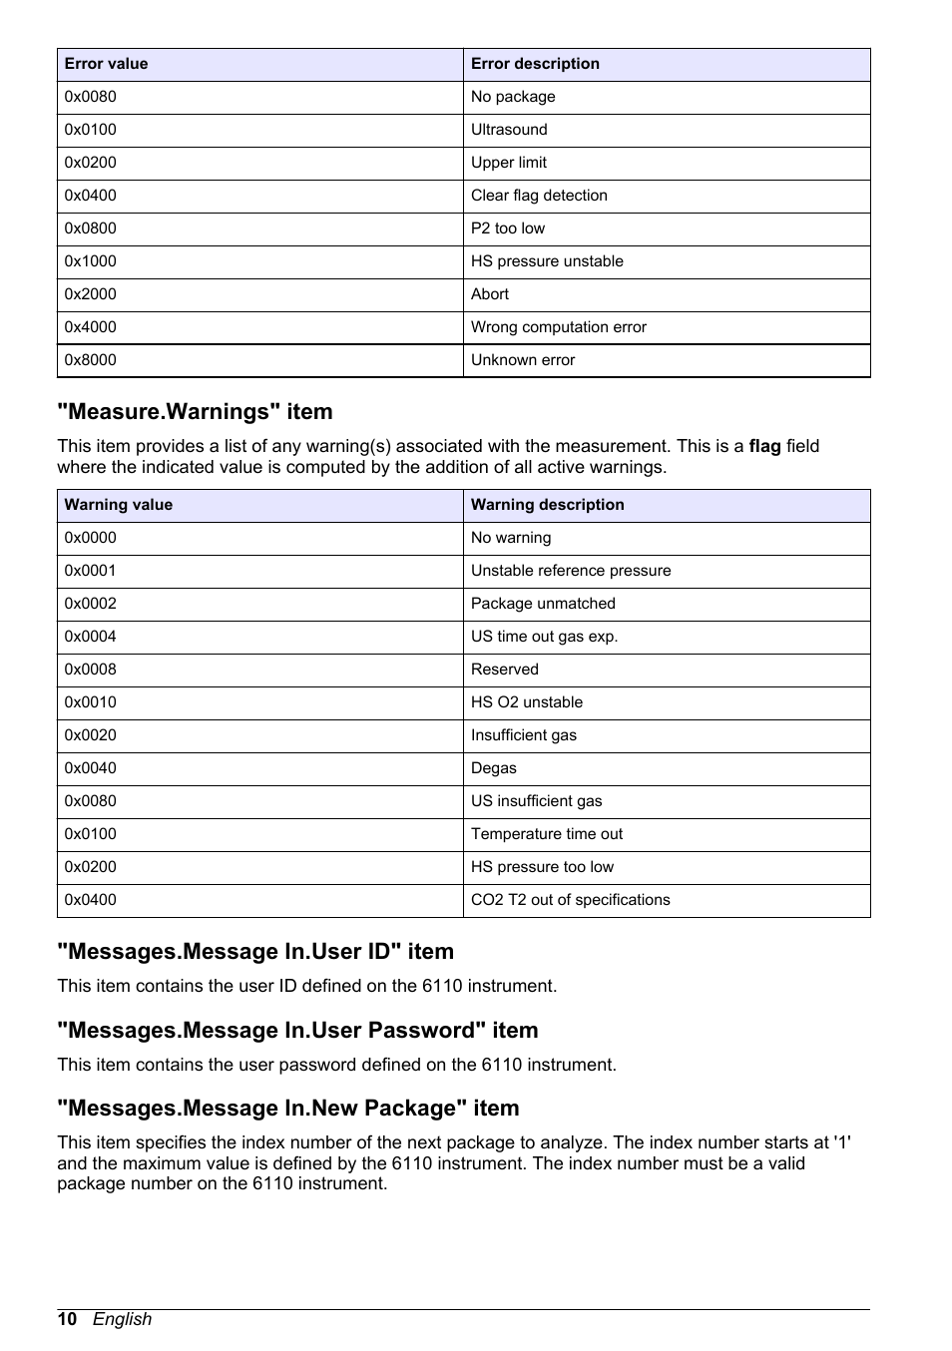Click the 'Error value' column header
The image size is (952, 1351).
coord(106,64)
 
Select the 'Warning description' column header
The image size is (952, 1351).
coord(547,505)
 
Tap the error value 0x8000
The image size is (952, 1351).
coord(91,360)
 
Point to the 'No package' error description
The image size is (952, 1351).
coord(513,97)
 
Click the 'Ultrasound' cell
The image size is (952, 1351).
coord(509,130)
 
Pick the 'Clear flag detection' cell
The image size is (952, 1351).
coord(539,196)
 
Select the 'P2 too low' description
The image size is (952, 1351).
coord(508,228)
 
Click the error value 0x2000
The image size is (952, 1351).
coord(91,294)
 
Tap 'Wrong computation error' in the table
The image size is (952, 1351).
coord(559,327)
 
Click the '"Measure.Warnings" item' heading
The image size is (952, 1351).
coord(195,412)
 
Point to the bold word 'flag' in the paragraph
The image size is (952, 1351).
coord(764,446)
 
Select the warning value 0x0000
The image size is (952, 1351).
coord(91,538)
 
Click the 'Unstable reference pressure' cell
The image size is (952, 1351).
coord(571,571)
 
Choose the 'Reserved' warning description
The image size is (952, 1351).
coord(504,670)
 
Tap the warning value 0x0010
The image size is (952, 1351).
coord(91,702)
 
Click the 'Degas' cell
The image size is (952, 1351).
coord(494,768)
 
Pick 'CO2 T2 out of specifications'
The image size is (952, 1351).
coord(570,900)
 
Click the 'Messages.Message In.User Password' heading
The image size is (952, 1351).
coord(297,1030)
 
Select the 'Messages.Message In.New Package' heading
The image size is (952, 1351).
coord(288,1109)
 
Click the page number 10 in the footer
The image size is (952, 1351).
coord(67,1319)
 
